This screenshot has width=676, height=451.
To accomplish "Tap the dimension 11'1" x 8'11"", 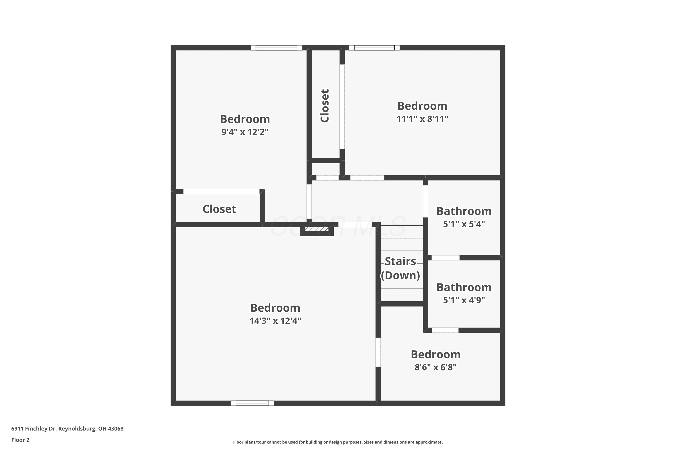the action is click(422, 119).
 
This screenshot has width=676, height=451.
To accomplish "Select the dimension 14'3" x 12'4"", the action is click(275, 321).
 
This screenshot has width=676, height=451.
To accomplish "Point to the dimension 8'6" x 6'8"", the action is click(435, 367).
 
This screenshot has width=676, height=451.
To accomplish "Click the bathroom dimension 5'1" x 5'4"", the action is click(464, 224).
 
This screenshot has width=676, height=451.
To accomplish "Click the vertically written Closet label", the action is click(325, 106).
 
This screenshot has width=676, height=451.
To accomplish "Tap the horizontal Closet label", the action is click(219, 209).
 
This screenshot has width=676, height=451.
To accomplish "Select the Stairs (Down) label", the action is click(400, 268).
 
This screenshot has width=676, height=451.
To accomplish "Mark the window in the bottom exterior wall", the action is click(252, 403).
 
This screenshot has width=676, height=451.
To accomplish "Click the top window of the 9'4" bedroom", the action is click(276, 48).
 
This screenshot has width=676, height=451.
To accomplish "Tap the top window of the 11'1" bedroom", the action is click(374, 48).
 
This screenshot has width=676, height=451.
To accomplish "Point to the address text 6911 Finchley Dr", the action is click(33, 429).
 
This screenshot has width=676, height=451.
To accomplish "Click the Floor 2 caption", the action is click(21, 440).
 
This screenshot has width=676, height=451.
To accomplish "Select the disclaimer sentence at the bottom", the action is click(338, 442).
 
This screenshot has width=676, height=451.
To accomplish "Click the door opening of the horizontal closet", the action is click(221, 191).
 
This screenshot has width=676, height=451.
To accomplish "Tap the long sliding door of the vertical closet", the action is click(342, 107).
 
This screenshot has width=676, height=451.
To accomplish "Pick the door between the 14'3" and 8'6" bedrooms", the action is click(378, 352).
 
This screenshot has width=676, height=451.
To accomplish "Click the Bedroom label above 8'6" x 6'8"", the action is click(435, 354).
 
